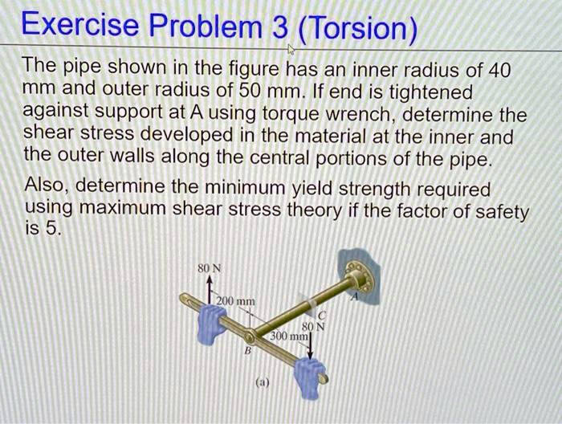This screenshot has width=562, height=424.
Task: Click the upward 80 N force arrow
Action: click(x=210, y=287)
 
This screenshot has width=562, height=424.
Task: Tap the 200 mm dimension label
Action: click(x=237, y=301)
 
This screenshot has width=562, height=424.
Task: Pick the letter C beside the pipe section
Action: click(x=319, y=315)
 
